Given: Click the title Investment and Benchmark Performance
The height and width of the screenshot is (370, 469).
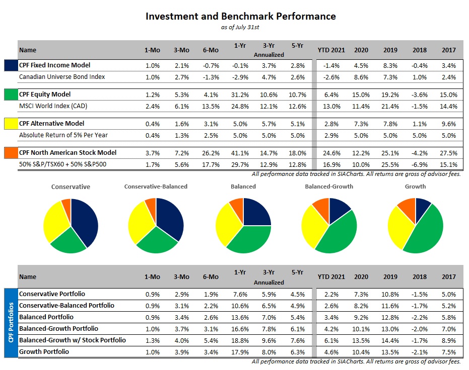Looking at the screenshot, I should coord(240,16).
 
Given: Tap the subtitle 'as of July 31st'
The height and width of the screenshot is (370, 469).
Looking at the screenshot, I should coord(240,27).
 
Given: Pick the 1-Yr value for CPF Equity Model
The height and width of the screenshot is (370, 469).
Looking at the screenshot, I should coord(240,95).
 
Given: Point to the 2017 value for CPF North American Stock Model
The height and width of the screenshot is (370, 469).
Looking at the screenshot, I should coord(448,153).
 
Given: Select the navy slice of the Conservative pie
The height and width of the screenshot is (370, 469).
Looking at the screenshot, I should coord(83,221).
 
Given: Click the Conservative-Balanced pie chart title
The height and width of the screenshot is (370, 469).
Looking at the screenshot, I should coord(156,187).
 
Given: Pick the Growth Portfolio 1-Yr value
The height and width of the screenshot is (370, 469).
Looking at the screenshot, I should coord(240,352).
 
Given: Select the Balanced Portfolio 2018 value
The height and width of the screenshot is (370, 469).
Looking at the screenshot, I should coord(419,317).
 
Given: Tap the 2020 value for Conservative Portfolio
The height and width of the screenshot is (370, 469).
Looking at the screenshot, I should coord(360,294).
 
